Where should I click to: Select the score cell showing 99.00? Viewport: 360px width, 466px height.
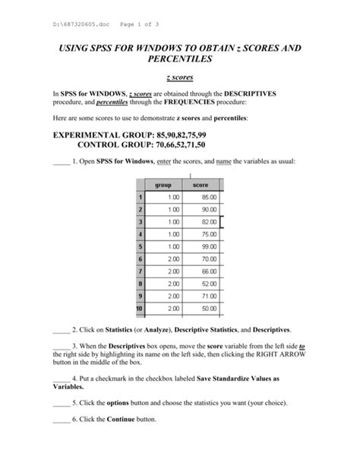click(x=201, y=246)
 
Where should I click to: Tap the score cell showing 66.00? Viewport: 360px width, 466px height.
click(x=201, y=271)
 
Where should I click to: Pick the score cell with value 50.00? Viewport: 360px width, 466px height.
click(x=201, y=309)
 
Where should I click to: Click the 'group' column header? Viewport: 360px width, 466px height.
click(x=163, y=184)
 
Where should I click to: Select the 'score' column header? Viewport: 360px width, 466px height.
click(x=201, y=184)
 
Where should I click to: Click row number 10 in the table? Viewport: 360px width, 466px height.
click(x=139, y=309)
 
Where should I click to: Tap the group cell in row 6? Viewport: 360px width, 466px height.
click(x=163, y=259)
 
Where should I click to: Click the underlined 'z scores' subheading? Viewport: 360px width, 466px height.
click(x=179, y=78)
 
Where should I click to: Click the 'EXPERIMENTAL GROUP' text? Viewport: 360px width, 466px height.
click(x=99, y=133)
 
